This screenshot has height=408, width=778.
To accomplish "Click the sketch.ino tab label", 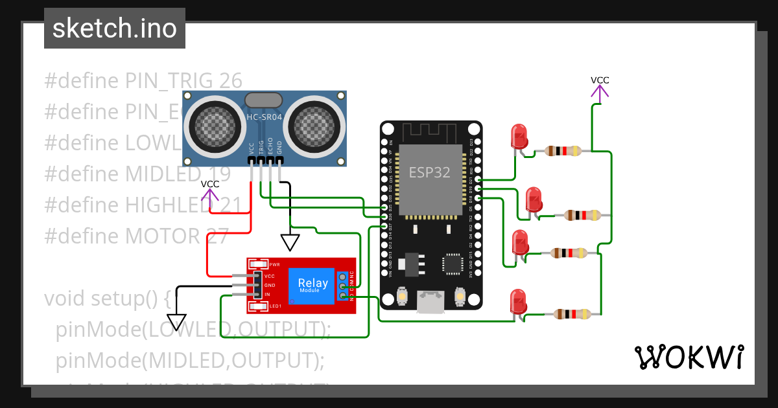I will (x=114, y=28).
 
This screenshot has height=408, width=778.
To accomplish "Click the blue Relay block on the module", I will (x=312, y=285).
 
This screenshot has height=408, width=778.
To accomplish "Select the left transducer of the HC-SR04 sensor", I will (x=213, y=124).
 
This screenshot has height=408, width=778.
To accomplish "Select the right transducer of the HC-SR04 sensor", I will (x=316, y=124).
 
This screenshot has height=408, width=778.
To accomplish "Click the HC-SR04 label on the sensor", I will (x=264, y=117).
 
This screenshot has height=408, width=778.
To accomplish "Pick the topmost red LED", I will (x=520, y=137).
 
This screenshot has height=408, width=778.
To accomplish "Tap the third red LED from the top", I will (x=520, y=243).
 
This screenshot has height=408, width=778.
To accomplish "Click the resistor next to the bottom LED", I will (x=572, y=315).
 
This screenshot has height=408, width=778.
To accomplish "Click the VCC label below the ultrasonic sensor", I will (x=209, y=184).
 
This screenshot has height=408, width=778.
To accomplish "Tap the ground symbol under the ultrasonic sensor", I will (x=290, y=242).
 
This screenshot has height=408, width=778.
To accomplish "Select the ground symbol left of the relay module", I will (x=176, y=322).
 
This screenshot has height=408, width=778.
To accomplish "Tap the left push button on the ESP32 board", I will (x=402, y=297).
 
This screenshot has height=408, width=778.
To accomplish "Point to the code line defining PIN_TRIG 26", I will (x=143, y=81).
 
